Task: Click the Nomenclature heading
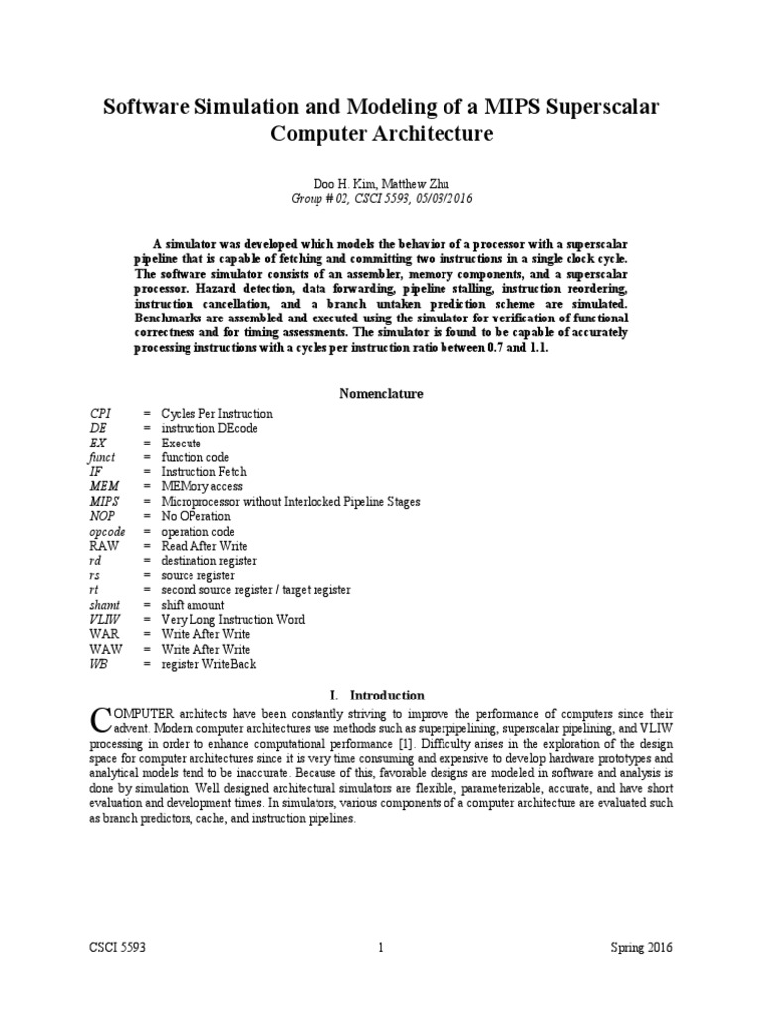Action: click(381, 393)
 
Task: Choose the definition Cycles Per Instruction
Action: click(216, 413)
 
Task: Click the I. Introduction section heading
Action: click(381, 695)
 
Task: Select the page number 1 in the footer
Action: click(381, 947)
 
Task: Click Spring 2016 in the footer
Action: click(640, 947)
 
